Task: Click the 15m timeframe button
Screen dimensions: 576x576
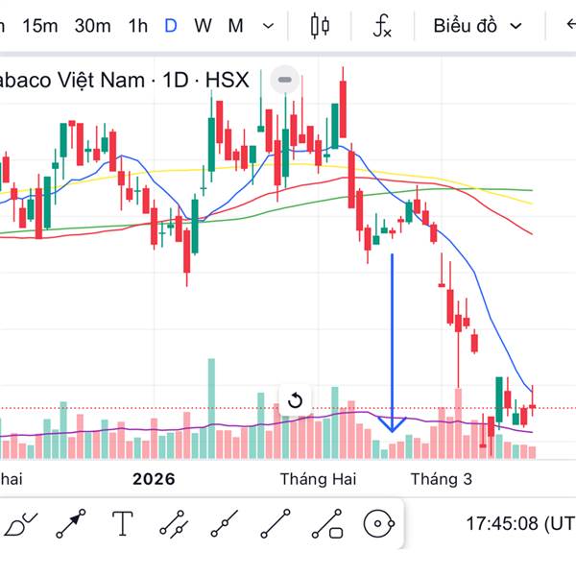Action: click(39, 26)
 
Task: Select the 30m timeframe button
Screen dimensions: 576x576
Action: click(92, 26)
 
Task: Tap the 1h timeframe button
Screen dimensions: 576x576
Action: click(138, 26)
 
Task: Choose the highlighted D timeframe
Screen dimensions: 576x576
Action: click(170, 26)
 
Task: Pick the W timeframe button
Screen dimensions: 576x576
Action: click(203, 26)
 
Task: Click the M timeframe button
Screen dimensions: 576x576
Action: click(235, 26)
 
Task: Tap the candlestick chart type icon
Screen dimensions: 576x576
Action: click(321, 26)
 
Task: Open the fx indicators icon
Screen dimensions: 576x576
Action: click(382, 26)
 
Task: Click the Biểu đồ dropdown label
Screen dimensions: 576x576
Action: click(466, 26)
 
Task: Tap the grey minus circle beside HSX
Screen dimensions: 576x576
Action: click(283, 79)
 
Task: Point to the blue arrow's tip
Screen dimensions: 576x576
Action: click(392, 429)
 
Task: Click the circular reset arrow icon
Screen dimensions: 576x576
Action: click(295, 400)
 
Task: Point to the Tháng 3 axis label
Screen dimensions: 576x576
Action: click(441, 478)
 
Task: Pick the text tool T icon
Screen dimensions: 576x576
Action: click(123, 524)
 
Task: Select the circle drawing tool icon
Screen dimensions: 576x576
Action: click(380, 524)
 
